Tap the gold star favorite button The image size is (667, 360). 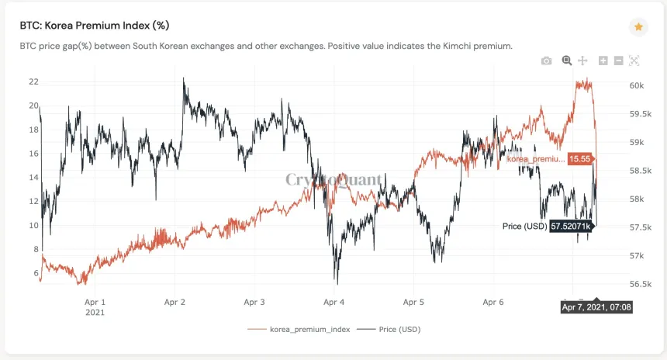click(x=638, y=26)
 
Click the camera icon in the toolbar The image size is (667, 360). click(x=547, y=61)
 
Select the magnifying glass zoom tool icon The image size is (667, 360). click(x=566, y=61)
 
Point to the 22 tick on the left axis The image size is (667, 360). click(x=33, y=81)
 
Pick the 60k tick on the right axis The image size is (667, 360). click(x=637, y=85)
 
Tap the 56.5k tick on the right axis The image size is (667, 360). click(x=640, y=284)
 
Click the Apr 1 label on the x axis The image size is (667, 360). click(x=94, y=303)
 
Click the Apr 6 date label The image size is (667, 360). click(x=493, y=303)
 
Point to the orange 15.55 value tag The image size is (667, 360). click(x=579, y=158)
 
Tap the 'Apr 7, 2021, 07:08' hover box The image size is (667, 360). click(x=596, y=308)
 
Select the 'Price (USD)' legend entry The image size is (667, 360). click(x=399, y=329)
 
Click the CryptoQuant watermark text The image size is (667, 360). click(x=333, y=180)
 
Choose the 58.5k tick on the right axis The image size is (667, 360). click(x=640, y=170)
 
